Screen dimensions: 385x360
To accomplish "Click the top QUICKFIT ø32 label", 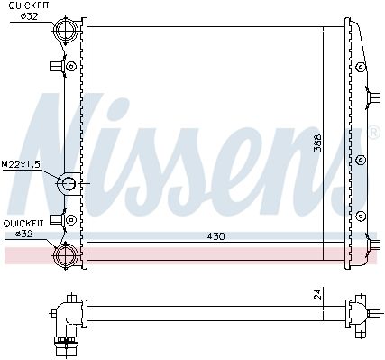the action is click(x=29, y=11).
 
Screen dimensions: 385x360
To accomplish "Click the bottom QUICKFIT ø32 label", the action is click(x=23, y=228).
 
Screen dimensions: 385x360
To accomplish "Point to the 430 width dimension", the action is click(x=215, y=236).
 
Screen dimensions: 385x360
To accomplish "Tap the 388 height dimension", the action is click(x=317, y=143).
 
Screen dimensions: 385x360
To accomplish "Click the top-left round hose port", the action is click(x=66, y=30).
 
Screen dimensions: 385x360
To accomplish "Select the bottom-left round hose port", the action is click(x=66, y=256).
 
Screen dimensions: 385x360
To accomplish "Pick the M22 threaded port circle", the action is click(x=69, y=183).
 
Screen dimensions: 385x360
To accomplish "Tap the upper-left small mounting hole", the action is click(x=71, y=66).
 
